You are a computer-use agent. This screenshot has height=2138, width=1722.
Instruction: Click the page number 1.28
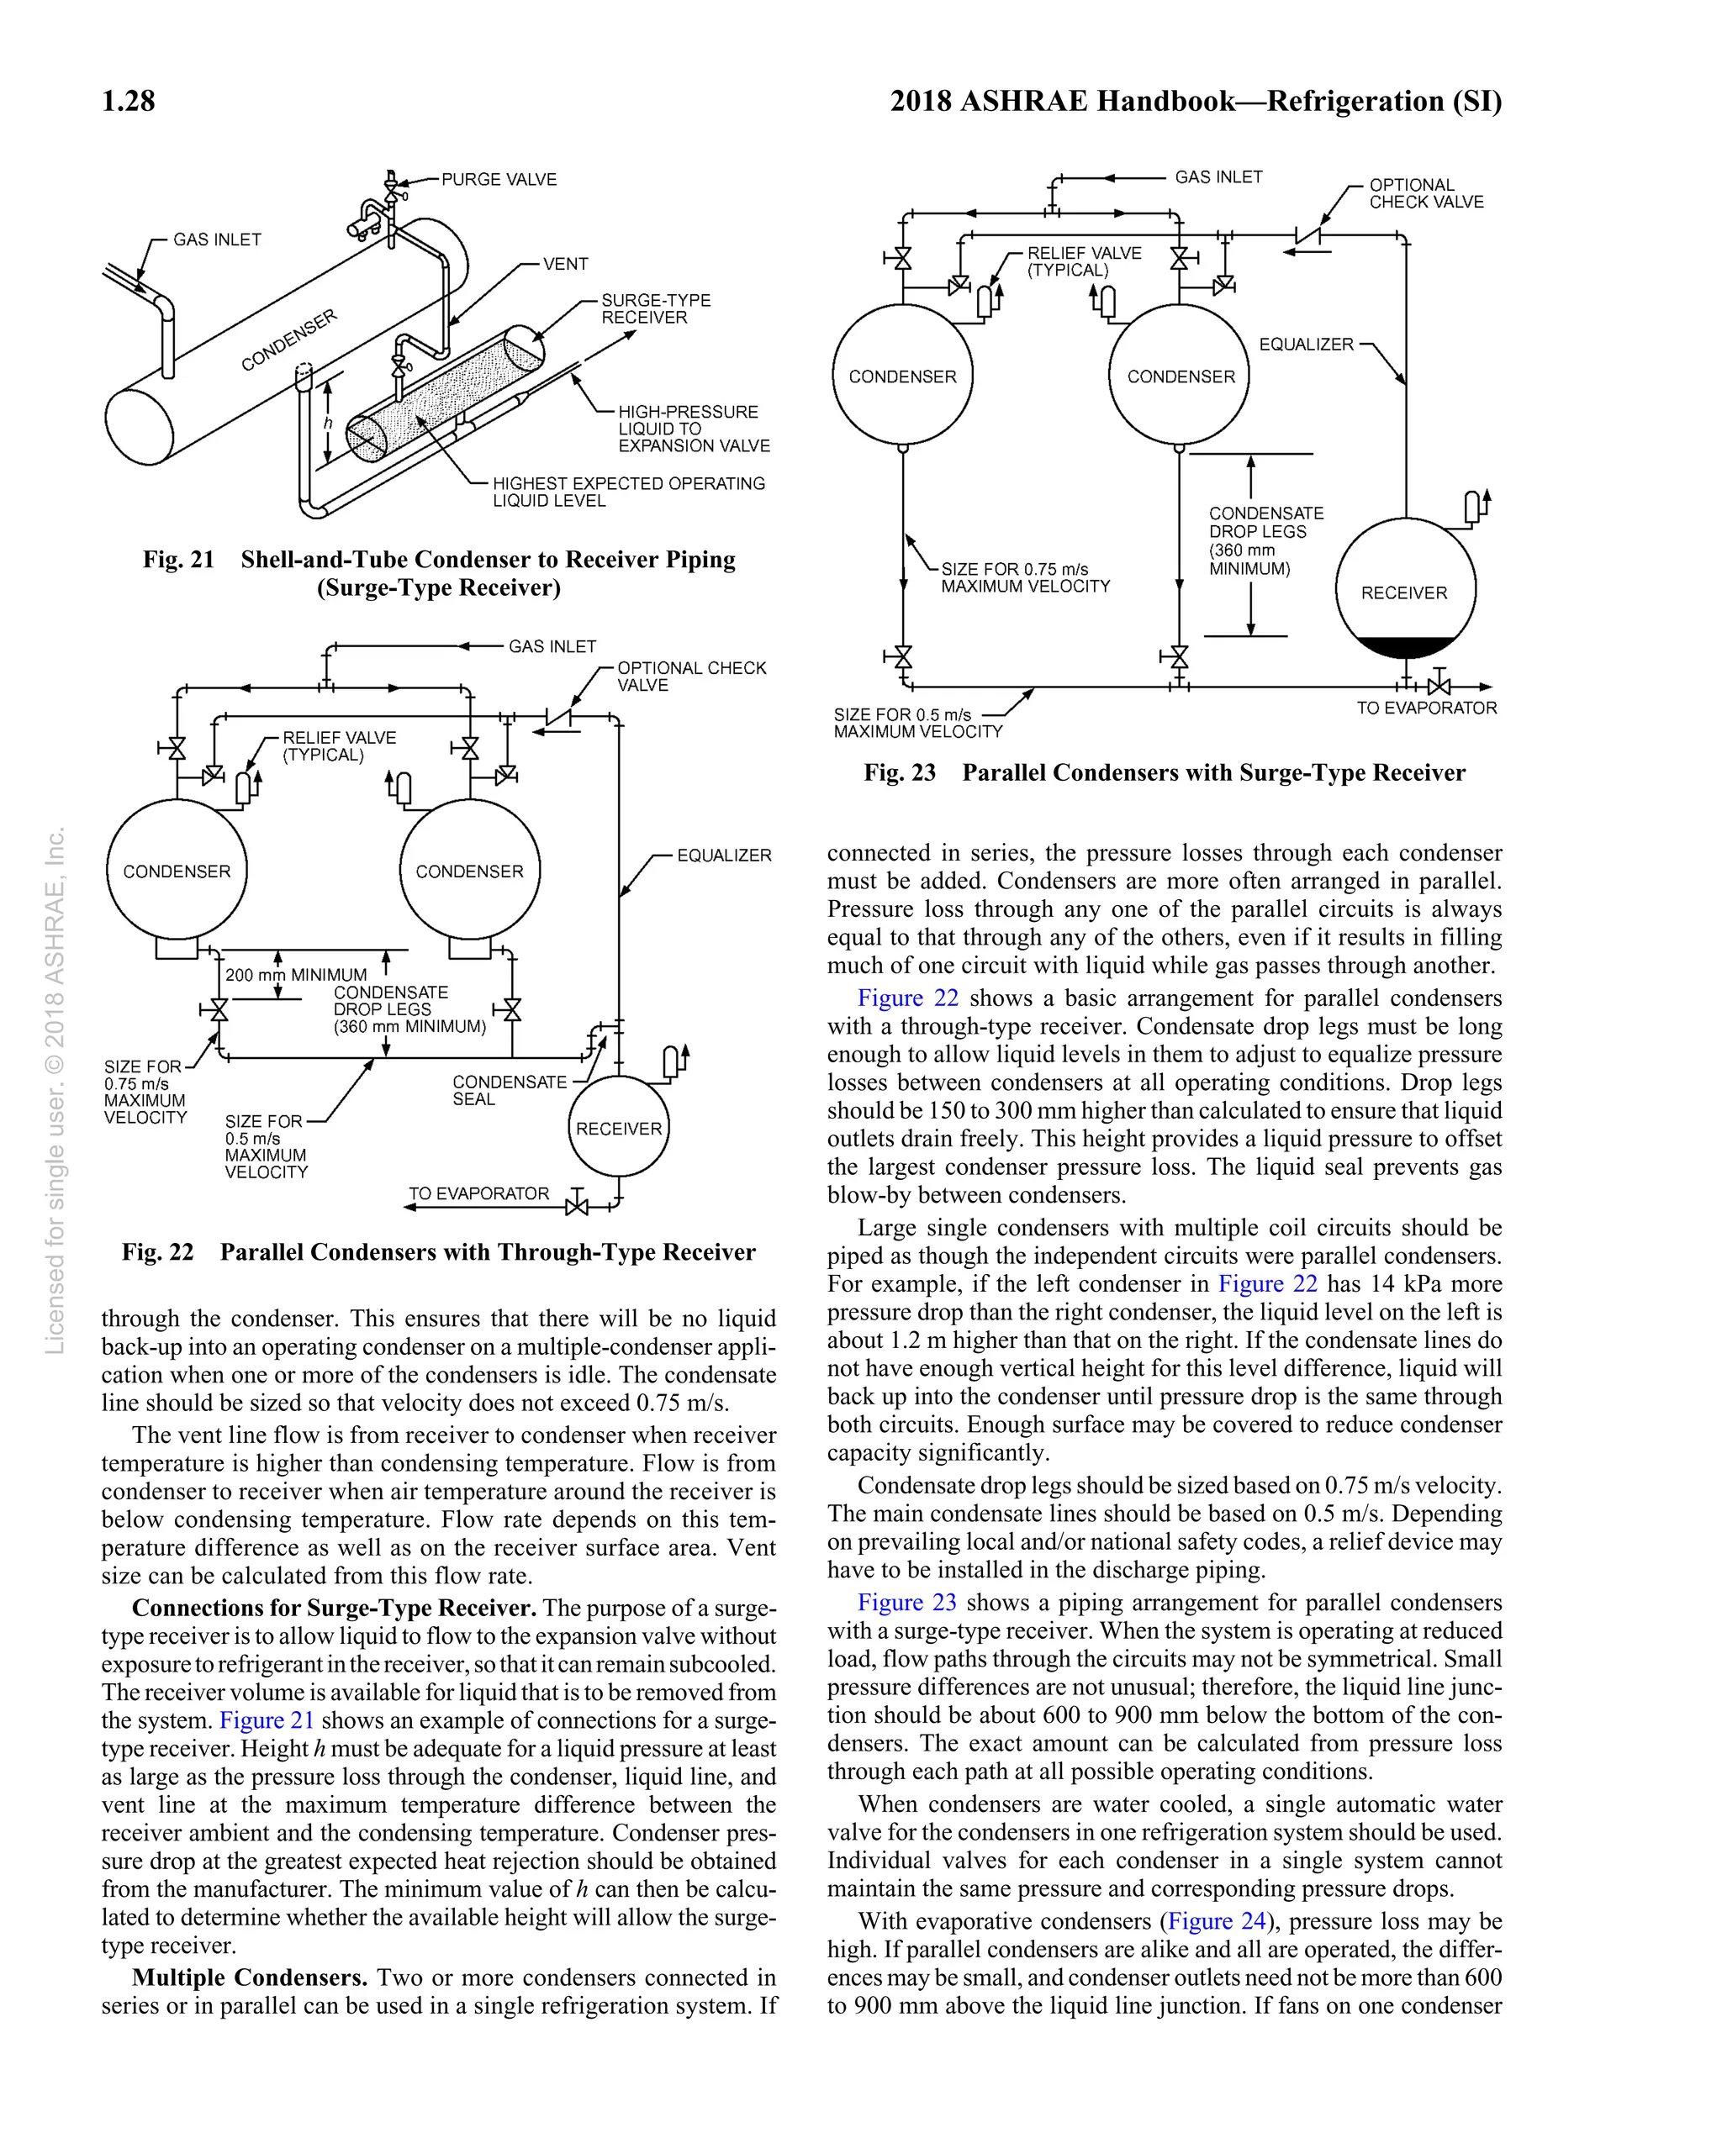(x=128, y=101)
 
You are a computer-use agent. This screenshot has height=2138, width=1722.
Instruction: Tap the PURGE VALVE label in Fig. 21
(x=498, y=180)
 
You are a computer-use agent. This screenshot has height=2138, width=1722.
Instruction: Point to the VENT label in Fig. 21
(x=565, y=264)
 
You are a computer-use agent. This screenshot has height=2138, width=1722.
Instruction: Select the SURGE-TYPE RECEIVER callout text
(x=655, y=308)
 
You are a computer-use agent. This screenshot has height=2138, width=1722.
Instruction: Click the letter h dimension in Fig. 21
(x=327, y=424)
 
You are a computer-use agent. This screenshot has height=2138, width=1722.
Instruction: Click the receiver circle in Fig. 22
(x=618, y=1128)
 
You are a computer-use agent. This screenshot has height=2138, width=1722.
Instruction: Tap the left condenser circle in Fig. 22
(x=177, y=870)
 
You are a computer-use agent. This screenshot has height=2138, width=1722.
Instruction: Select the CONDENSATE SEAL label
(x=509, y=1090)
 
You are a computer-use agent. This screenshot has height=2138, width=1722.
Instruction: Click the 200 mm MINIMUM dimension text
(x=296, y=975)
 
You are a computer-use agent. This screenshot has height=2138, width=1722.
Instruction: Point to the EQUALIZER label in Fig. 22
(x=723, y=855)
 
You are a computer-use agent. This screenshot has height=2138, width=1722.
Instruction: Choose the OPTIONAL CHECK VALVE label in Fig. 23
(x=1425, y=193)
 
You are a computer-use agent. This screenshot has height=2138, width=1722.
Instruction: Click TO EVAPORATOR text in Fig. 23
(x=1426, y=708)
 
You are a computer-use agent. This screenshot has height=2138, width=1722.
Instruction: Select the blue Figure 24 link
(x=1215, y=1921)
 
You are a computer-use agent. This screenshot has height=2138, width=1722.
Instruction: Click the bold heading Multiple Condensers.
(x=249, y=1977)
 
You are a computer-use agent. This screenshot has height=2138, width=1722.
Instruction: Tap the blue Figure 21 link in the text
(x=266, y=1719)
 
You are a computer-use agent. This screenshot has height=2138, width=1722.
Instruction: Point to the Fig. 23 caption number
(x=899, y=772)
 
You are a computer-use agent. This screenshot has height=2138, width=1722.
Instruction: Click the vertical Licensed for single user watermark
(x=55, y=1091)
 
